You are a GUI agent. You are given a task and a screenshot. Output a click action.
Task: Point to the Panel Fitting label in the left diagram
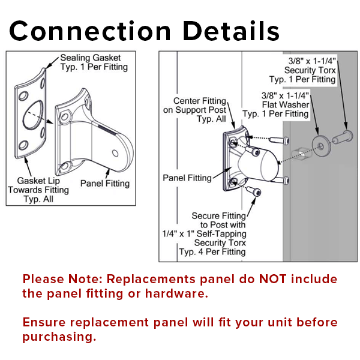pyautogui.click(x=105, y=184)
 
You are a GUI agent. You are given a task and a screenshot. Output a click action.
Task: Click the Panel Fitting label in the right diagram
pyautogui.click(x=187, y=178)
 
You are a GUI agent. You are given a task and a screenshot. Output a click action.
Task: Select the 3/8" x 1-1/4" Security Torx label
pyautogui.click(x=311, y=70)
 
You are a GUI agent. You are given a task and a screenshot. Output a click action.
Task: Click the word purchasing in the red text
pyautogui.click(x=59, y=336)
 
